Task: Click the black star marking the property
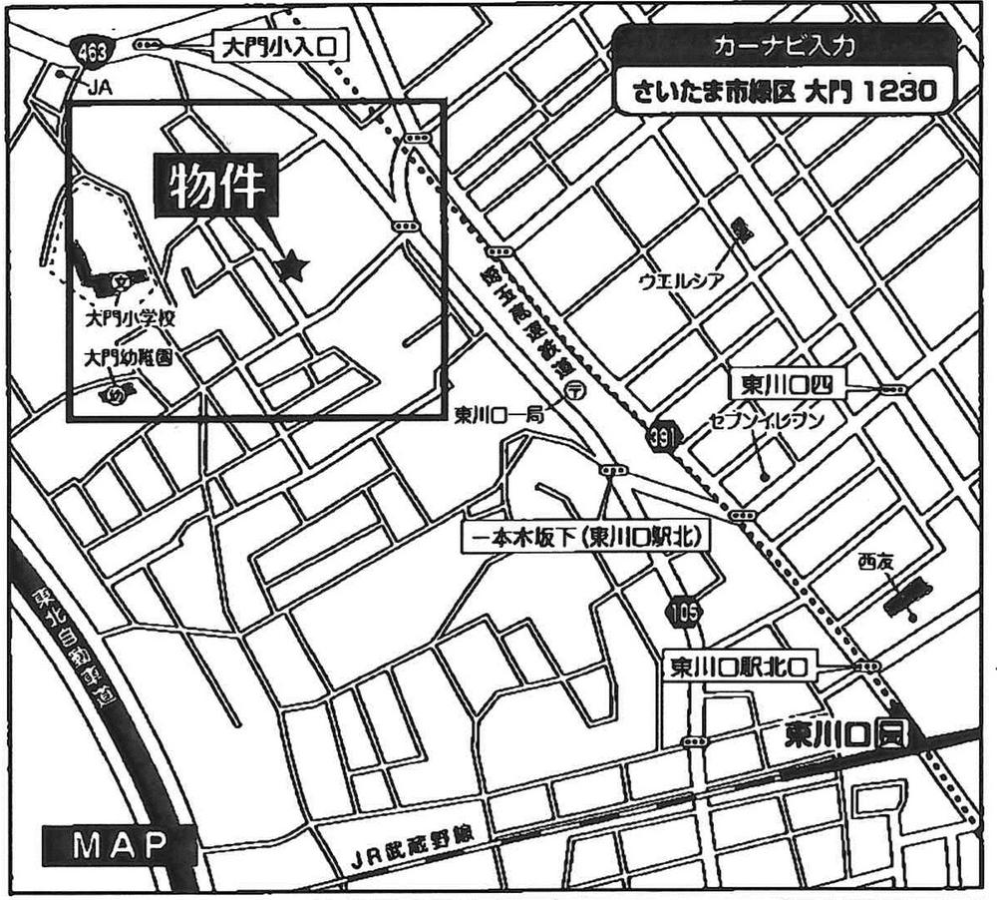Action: tap(291, 265)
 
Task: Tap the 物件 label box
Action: tap(214, 187)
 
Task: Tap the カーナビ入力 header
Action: tap(782, 45)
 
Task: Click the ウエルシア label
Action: tap(680, 280)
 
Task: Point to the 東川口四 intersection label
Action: tap(787, 384)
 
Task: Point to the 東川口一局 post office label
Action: tap(498, 415)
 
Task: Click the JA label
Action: tap(98, 89)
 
